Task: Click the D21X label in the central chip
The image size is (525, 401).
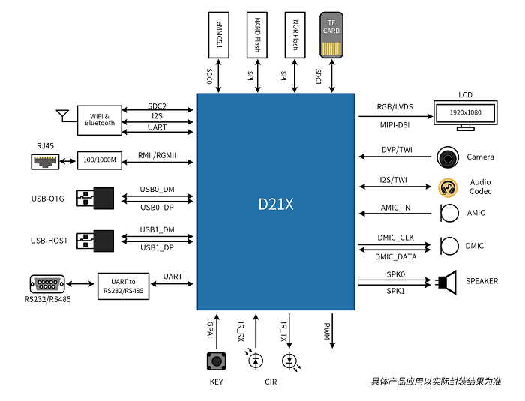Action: (x=275, y=203)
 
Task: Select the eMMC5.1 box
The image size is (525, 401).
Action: (x=219, y=35)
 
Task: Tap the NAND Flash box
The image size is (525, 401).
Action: (x=257, y=35)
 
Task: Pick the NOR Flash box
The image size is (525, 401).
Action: (x=295, y=35)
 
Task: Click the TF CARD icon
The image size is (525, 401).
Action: (x=331, y=35)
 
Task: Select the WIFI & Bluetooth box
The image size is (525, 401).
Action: (x=100, y=119)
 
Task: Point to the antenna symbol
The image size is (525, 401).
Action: (x=62, y=115)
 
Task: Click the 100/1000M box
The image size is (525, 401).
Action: (x=100, y=160)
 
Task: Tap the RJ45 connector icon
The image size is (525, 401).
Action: (x=46, y=160)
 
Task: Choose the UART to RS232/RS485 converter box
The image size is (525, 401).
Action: (x=121, y=286)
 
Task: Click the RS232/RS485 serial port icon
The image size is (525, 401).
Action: (x=45, y=285)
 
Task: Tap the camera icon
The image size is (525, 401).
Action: (x=448, y=157)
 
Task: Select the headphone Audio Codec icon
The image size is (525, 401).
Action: (x=448, y=187)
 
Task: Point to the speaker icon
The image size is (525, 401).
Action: (x=447, y=282)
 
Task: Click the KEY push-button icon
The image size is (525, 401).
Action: (x=217, y=360)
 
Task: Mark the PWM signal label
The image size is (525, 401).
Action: (x=327, y=330)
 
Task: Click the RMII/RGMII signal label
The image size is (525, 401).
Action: (x=155, y=157)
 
